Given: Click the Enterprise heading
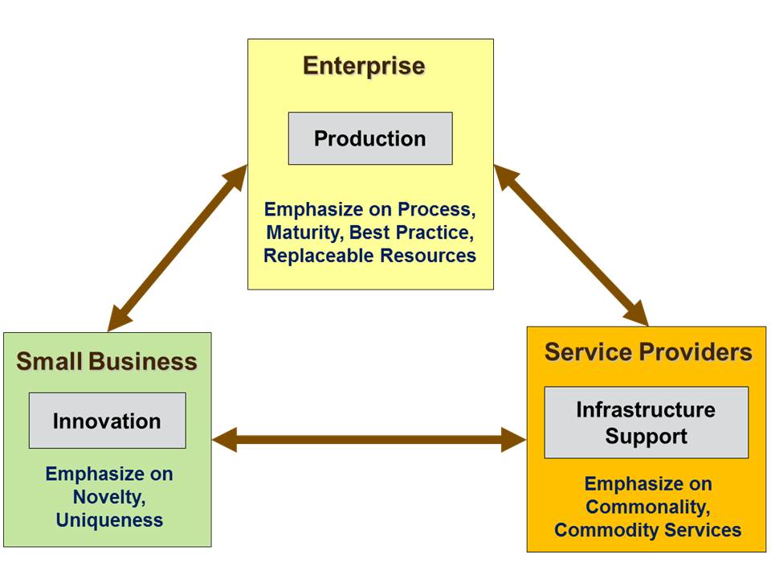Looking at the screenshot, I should click(364, 67).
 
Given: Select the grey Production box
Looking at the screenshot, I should click(370, 138).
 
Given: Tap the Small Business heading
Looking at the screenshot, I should click(107, 362).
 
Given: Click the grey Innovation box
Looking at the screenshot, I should click(107, 421).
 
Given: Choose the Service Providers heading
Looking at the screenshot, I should click(648, 352).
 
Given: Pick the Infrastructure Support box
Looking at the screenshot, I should click(647, 423).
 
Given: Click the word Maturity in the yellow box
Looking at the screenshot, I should click(299, 232).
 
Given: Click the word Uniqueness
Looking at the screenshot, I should click(109, 520).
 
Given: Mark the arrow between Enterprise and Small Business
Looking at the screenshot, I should click(177, 247).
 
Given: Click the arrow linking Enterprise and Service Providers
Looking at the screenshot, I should click(571, 244).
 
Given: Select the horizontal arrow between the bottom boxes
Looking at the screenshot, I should click(369, 440).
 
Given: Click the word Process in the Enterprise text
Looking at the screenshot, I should click(435, 209).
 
